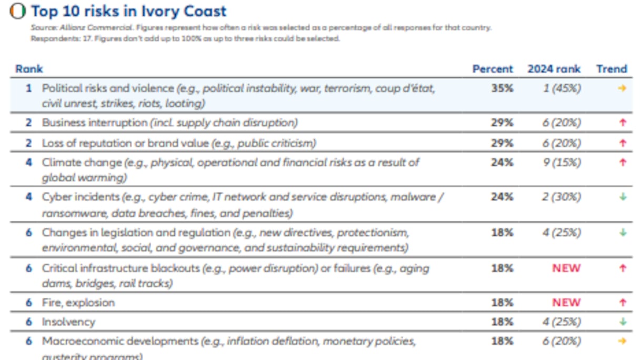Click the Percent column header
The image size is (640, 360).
click(x=492, y=69)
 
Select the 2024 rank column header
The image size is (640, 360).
click(x=554, y=69)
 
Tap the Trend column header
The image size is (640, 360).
click(x=612, y=69)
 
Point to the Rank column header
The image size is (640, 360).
click(x=29, y=69)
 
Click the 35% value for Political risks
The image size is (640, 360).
click(x=502, y=88)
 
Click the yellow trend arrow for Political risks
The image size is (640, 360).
click(x=622, y=88)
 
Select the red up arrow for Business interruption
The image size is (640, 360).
click(x=623, y=123)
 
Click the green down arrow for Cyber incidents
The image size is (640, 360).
click(x=623, y=197)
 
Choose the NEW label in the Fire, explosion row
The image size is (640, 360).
click(x=566, y=303)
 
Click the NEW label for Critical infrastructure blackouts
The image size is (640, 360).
click(x=566, y=268)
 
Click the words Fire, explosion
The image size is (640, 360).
click(x=78, y=303)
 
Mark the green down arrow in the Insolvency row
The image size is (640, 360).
click(x=623, y=322)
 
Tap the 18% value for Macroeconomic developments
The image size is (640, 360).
click(x=502, y=342)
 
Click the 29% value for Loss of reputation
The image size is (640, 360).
click(x=502, y=143)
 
